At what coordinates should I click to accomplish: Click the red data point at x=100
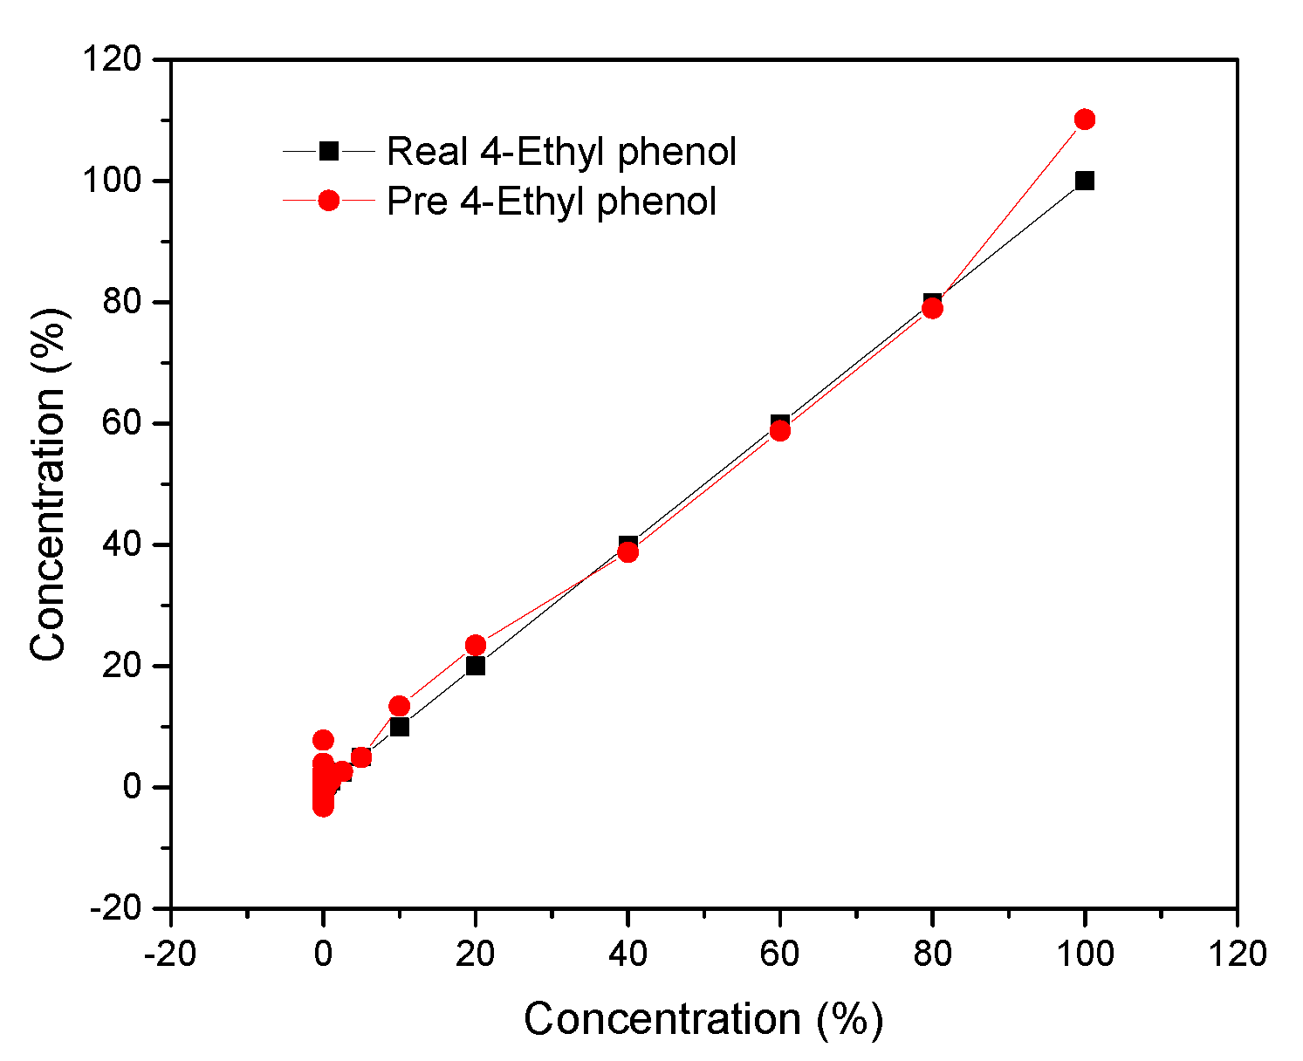point(1085,120)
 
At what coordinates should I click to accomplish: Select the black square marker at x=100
point(1085,181)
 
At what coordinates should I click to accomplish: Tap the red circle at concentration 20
point(476,646)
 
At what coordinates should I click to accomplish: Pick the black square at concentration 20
point(476,666)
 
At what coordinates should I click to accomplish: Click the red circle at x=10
point(400,706)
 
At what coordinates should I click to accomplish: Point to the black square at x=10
point(400,727)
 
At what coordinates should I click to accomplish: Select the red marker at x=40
point(627,552)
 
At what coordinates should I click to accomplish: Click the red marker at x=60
point(780,431)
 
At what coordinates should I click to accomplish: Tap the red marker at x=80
point(932,309)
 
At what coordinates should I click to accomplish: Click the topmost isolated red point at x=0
point(323,740)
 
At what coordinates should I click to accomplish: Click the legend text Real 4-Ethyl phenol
point(561,152)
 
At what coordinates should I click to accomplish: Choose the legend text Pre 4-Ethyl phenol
point(552,202)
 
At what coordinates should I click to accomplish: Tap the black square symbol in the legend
point(328,151)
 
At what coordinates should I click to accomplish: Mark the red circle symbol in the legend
point(328,201)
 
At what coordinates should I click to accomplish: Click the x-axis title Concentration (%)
point(703,1019)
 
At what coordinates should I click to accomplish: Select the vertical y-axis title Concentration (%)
point(48,484)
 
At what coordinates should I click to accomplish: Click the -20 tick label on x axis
point(169,954)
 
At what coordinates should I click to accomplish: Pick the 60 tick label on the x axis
point(780,954)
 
